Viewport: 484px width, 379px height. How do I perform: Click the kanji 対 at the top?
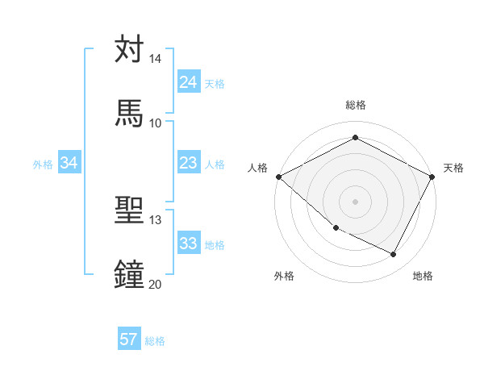[x=129, y=50]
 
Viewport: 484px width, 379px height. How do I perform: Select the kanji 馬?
[x=129, y=113]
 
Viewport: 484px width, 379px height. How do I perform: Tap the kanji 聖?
[x=129, y=210]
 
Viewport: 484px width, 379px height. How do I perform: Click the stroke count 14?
[x=155, y=59]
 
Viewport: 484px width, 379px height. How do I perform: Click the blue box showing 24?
[x=188, y=82]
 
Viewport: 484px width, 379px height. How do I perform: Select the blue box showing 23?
[x=188, y=163]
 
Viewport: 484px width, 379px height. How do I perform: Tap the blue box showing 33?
[x=188, y=244]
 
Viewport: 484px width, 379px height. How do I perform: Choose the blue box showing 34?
[x=69, y=163]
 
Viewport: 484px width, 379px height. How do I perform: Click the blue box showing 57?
[x=128, y=339]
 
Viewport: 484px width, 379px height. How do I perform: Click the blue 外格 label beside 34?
[x=43, y=164]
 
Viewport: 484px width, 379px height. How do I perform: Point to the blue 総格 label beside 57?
[x=155, y=341]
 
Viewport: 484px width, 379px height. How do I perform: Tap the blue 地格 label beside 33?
[x=215, y=244]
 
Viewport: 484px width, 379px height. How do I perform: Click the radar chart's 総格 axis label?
[x=356, y=105]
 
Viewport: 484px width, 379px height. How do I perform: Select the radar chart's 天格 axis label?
[x=453, y=168]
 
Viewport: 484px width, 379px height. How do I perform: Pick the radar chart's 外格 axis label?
[x=283, y=276]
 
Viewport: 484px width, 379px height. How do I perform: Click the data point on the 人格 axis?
[x=278, y=177]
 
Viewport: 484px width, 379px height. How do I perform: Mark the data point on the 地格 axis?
[x=394, y=255]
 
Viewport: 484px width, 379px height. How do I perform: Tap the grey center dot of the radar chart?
[x=355, y=201]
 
